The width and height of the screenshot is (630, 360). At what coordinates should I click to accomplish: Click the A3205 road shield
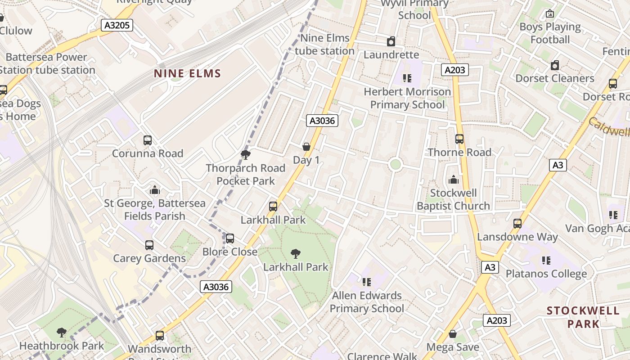click(x=117, y=25)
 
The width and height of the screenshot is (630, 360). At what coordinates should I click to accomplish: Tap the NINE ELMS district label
click(x=187, y=73)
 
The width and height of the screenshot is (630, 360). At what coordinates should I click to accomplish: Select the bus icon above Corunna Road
click(x=148, y=140)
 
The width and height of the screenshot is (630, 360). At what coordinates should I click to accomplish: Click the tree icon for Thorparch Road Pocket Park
click(x=246, y=155)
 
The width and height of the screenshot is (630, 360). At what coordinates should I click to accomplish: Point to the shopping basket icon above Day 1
click(x=306, y=147)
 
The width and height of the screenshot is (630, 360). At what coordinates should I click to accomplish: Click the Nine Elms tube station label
click(x=324, y=45)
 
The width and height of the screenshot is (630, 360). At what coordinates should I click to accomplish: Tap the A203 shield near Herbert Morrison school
click(x=455, y=70)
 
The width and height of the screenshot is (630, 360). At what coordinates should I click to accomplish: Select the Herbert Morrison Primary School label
click(x=407, y=98)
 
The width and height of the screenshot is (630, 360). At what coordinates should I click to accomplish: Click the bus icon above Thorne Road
click(x=459, y=139)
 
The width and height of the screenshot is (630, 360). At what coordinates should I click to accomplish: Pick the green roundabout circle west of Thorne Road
click(x=395, y=164)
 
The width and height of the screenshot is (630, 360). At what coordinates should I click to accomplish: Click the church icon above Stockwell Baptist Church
click(x=454, y=180)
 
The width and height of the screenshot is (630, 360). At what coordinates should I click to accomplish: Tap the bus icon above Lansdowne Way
click(x=517, y=223)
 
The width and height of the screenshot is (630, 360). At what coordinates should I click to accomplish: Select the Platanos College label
click(x=546, y=274)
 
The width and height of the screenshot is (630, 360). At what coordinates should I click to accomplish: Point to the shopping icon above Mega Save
click(x=453, y=334)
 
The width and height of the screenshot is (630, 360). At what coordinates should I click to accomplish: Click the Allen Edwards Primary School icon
click(x=367, y=282)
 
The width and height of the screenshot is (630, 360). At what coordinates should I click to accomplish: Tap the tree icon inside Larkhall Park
click(x=296, y=254)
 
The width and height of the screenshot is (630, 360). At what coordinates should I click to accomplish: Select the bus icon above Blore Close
click(x=230, y=238)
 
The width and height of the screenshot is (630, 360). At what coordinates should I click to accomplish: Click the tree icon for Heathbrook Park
click(x=62, y=333)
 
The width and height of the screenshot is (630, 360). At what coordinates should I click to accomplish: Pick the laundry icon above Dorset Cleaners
click(x=555, y=66)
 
